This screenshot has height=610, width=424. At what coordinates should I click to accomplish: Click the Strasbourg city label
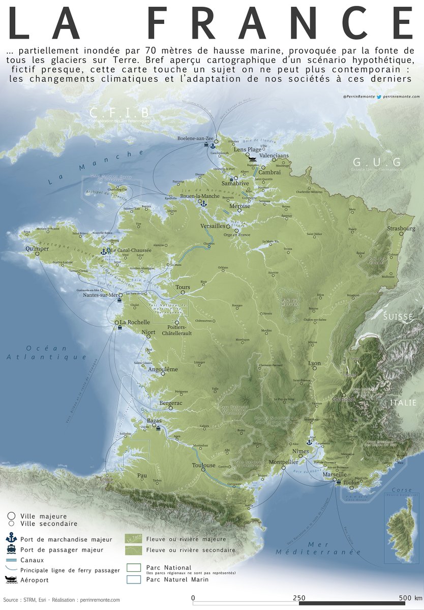[x=401, y=229]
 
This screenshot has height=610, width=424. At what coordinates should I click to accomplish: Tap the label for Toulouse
[x=204, y=465]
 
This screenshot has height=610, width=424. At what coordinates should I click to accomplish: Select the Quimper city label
[x=37, y=249]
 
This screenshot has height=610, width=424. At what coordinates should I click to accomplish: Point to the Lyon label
[x=315, y=363]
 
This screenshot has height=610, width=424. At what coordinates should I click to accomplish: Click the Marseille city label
[x=335, y=475]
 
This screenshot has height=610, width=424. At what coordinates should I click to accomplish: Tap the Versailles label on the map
[x=213, y=225]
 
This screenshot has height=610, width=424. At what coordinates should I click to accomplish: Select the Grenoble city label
[x=344, y=399]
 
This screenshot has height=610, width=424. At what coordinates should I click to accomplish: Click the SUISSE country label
[x=399, y=317]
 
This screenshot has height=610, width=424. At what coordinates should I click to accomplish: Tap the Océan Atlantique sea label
[x=47, y=353]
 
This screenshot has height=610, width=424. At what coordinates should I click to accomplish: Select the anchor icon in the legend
[x=11, y=538]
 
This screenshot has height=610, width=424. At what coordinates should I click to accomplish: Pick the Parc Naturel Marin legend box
[x=133, y=579]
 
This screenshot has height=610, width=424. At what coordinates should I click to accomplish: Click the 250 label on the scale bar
[x=299, y=598]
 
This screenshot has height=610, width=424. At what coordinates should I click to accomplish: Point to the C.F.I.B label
[x=119, y=112]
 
